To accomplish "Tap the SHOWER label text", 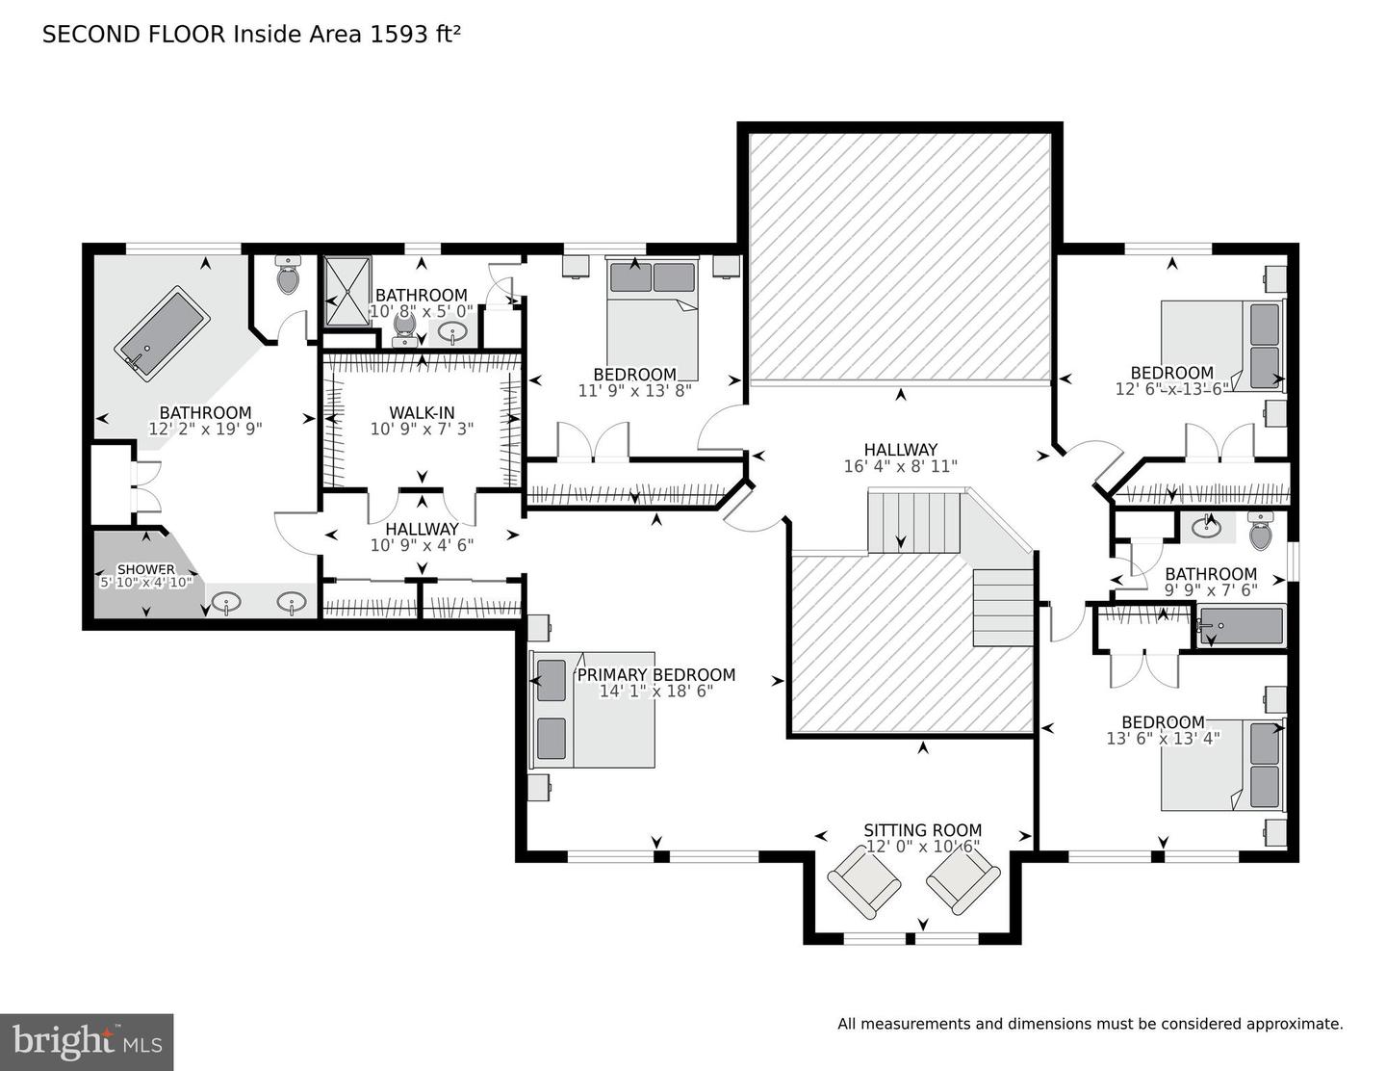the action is pyautogui.click(x=145, y=568).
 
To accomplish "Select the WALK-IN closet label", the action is pyautogui.click(x=422, y=412).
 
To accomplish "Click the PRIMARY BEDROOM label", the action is pyautogui.click(x=656, y=674).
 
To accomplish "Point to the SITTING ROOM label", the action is pyautogui.click(x=922, y=830).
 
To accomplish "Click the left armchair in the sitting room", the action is pyautogui.click(x=864, y=884).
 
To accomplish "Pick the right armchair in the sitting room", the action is pyautogui.click(x=963, y=883).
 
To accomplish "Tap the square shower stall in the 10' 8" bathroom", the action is pyautogui.click(x=346, y=291).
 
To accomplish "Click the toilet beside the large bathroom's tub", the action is pyautogui.click(x=289, y=274).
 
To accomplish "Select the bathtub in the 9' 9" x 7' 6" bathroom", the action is pyautogui.click(x=1240, y=627).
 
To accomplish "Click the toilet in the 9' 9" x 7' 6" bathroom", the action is pyautogui.click(x=1260, y=531).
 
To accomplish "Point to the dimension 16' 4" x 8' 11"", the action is pyautogui.click(x=900, y=466).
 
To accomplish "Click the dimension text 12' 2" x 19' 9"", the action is pyautogui.click(x=205, y=429).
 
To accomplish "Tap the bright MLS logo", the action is pyautogui.click(x=87, y=1042).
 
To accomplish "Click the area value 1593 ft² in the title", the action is pyautogui.click(x=415, y=35).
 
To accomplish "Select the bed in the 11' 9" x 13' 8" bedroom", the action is pyautogui.click(x=652, y=319).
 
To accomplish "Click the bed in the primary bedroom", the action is pyautogui.click(x=593, y=709).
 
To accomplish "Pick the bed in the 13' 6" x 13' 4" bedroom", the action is pyautogui.click(x=1222, y=765).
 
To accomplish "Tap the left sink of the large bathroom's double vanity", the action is pyautogui.click(x=226, y=601).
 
